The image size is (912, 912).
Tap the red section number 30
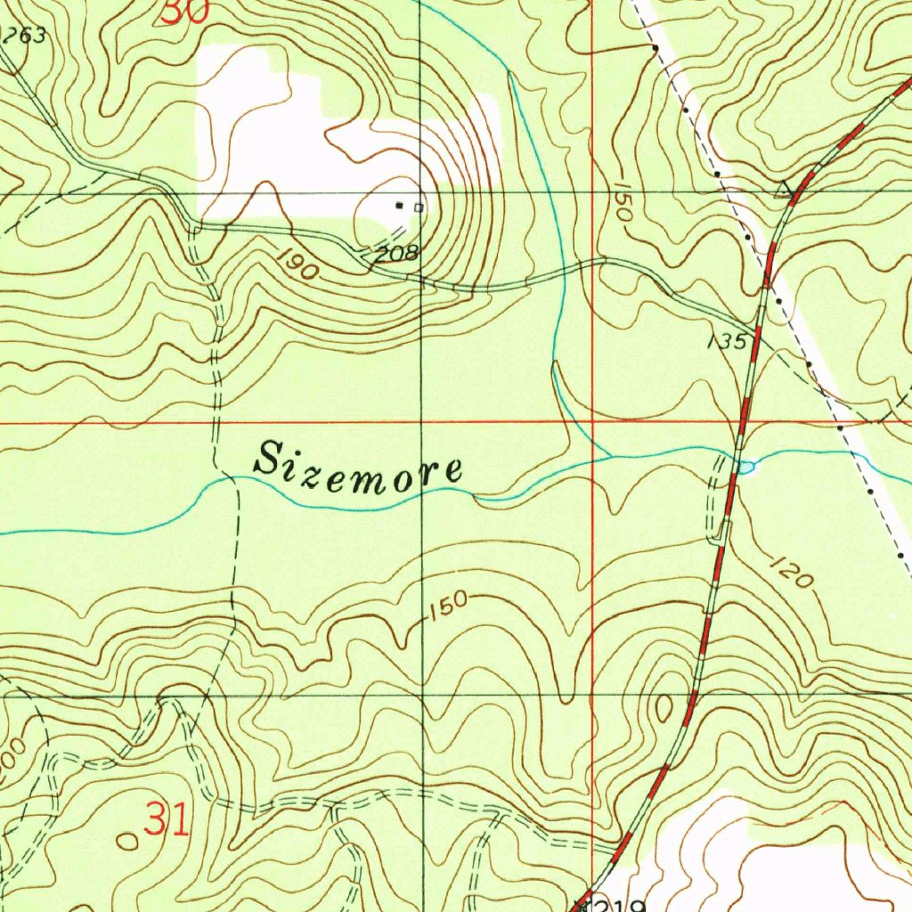pos(186,11)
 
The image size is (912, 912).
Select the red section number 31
pos(167,819)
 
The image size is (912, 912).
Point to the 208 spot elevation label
pos(395,254)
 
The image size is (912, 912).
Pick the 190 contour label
pos(297,265)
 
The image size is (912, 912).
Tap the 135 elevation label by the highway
pos(727,340)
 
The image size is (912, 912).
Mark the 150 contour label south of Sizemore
pos(446,606)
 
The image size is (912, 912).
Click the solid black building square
pos(400,206)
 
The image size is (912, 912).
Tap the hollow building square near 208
pos(419,208)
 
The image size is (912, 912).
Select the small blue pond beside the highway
pos(746,466)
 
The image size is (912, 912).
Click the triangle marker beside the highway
pos(785,189)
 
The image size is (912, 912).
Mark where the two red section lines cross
pos(593,422)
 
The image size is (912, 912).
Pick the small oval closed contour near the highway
pos(664,707)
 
